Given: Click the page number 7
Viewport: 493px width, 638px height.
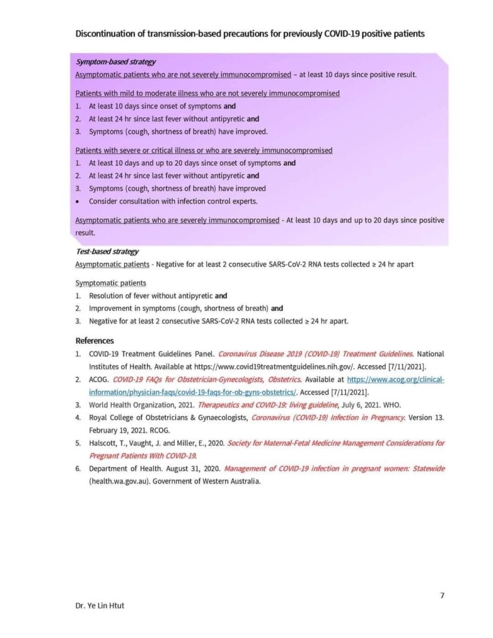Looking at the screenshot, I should tap(442, 595).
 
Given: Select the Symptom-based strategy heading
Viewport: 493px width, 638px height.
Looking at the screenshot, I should tap(115, 62).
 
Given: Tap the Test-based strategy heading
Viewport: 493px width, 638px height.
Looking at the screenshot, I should tap(107, 252).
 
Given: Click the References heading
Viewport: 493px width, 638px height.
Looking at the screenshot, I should tap(95, 341).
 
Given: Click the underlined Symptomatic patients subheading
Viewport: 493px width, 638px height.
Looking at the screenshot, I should tap(110, 283).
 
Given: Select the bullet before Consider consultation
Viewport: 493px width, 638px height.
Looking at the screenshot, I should tap(78, 201).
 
